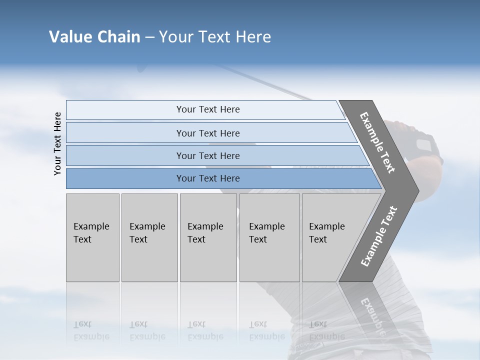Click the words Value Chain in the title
point(94,37)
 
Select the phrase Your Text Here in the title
point(215,37)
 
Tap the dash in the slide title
point(149,37)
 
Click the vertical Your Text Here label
point(57,144)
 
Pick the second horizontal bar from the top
point(207,133)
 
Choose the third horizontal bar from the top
point(207,155)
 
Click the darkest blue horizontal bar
point(207,178)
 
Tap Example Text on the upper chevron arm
point(377,142)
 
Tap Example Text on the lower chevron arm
point(378,236)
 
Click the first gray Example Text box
point(92,237)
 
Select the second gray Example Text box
point(149,237)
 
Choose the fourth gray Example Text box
point(269,237)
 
